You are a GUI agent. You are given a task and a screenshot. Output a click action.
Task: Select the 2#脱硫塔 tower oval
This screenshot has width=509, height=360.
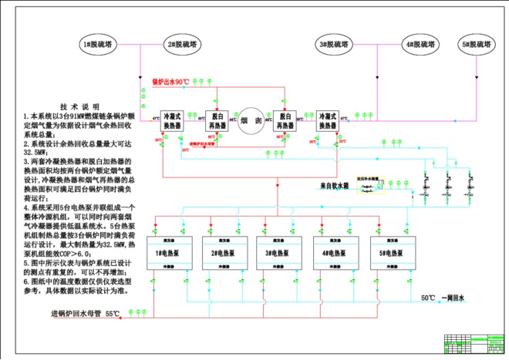[180, 45]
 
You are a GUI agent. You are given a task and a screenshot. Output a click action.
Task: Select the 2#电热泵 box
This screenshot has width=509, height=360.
[222, 252]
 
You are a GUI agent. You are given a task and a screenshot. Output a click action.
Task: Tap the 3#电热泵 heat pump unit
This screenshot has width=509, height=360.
[278, 252]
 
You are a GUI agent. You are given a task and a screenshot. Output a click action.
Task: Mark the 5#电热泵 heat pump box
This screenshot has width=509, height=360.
[389, 252]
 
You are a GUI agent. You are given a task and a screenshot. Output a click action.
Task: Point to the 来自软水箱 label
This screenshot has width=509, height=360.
[336, 186]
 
